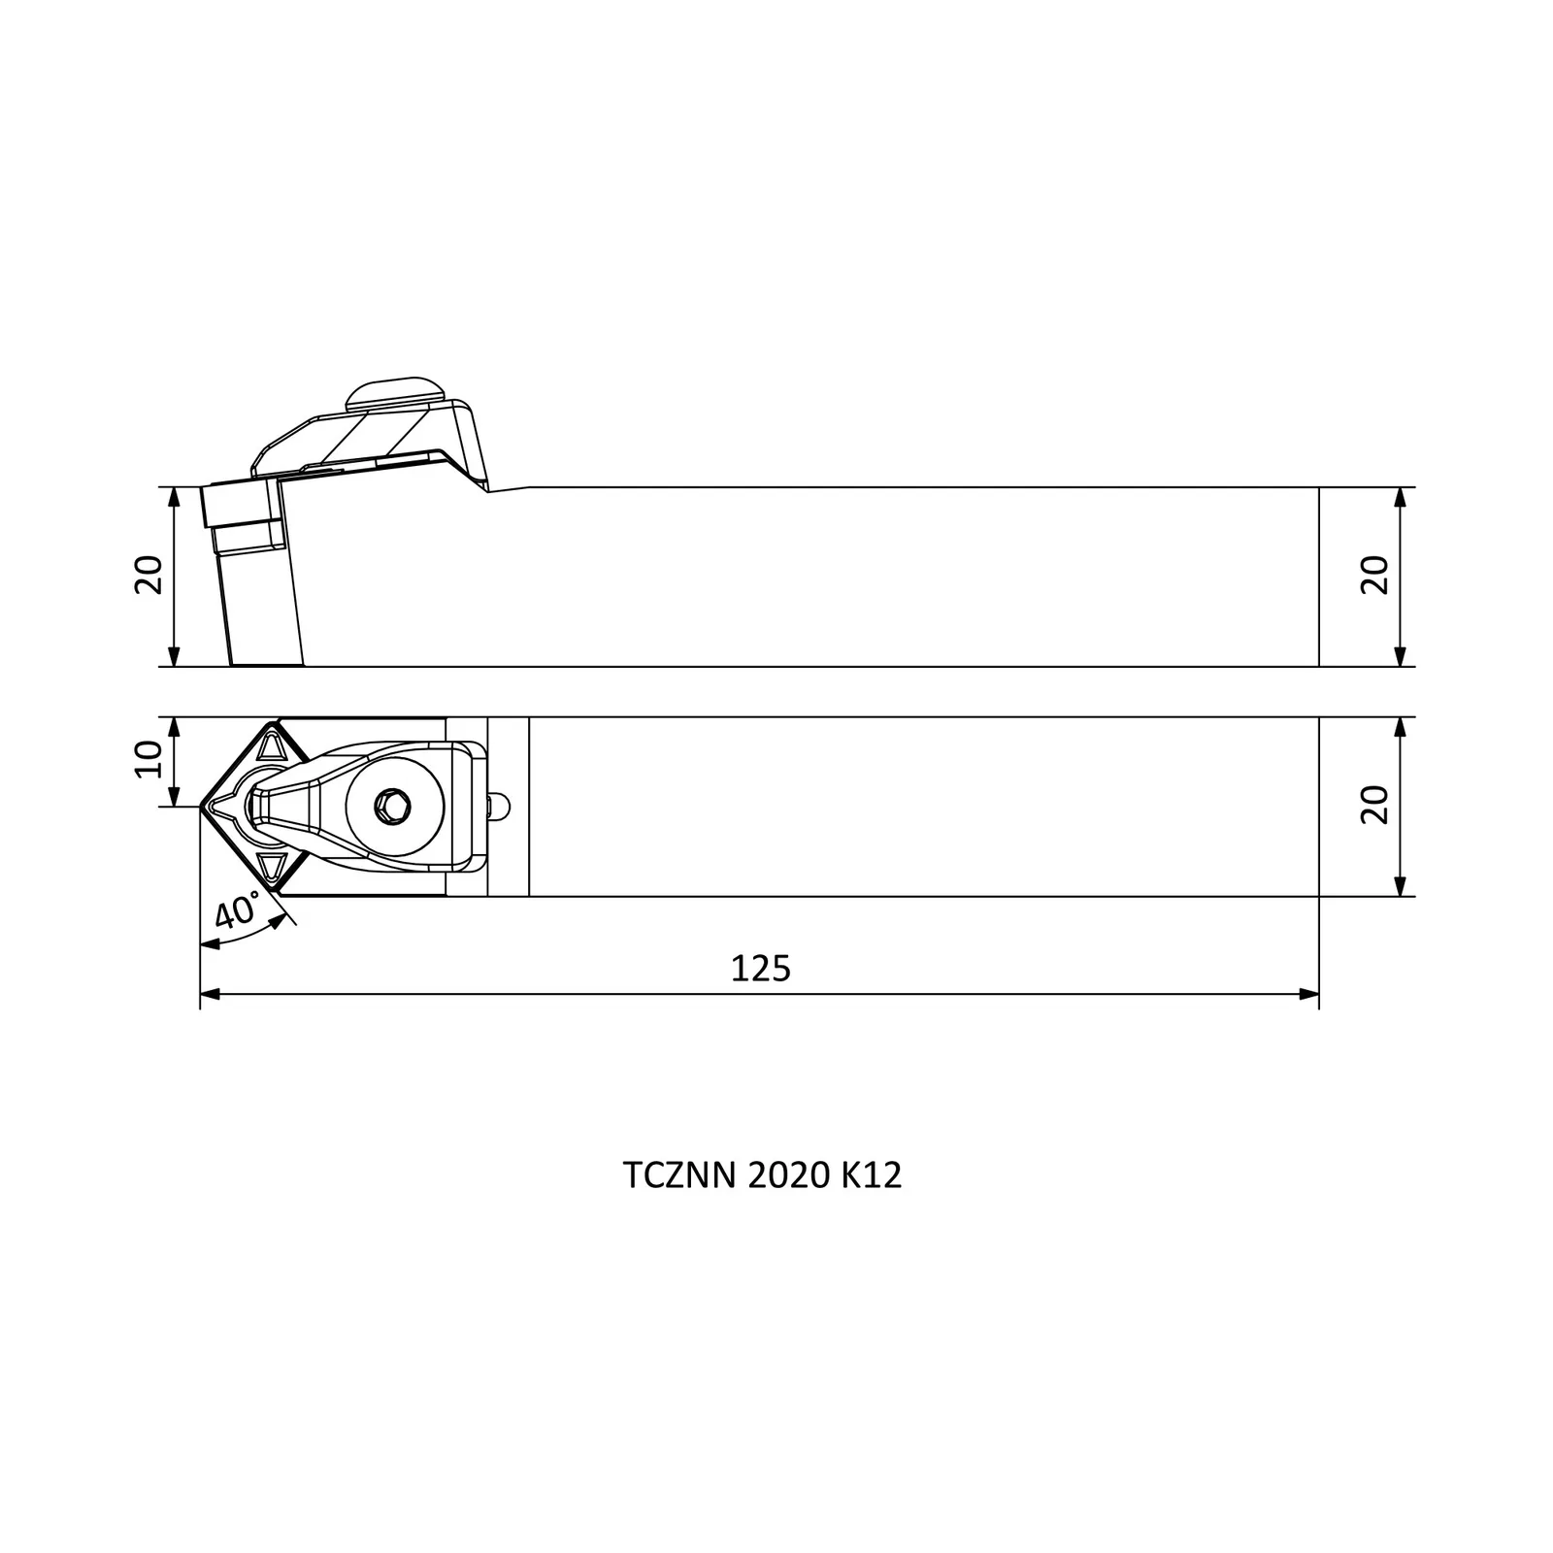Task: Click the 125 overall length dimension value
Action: tap(761, 968)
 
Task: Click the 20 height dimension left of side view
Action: tap(149, 576)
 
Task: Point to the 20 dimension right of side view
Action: tap(1375, 576)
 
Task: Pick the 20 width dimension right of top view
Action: tap(1375, 805)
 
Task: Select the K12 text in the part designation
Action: tap(872, 1176)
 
